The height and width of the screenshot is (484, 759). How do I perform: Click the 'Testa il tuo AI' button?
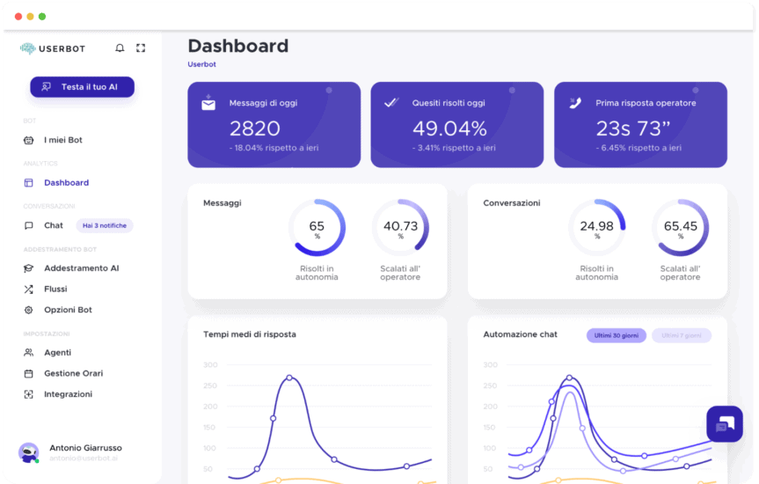tap(82, 87)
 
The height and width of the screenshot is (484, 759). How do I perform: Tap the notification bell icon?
tap(120, 48)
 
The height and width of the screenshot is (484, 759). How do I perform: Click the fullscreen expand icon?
tap(141, 48)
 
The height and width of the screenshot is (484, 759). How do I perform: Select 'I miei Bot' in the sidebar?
tap(62, 140)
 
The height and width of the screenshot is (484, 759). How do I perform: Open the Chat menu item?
tap(53, 225)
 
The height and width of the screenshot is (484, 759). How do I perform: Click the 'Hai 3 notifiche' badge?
tap(104, 225)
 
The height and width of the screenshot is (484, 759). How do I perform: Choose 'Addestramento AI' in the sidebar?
tap(81, 268)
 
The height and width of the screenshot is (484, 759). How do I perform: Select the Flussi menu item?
tap(55, 289)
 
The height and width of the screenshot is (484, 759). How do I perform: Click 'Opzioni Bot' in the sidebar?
tap(68, 310)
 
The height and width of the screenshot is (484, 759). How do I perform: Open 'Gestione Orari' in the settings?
tap(73, 373)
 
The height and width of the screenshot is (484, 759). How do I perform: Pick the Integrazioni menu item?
tap(68, 394)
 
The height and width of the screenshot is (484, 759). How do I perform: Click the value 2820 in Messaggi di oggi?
tap(254, 128)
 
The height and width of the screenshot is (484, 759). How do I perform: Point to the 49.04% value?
tap(449, 128)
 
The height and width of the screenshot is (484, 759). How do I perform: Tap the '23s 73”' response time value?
tap(633, 128)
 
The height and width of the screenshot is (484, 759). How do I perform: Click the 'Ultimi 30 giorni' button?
tap(616, 335)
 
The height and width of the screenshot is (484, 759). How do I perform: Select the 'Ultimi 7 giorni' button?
tap(681, 335)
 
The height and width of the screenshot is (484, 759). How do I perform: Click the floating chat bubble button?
tap(725, 424)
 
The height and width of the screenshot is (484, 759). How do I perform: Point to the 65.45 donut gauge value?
tap(680, 226)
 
